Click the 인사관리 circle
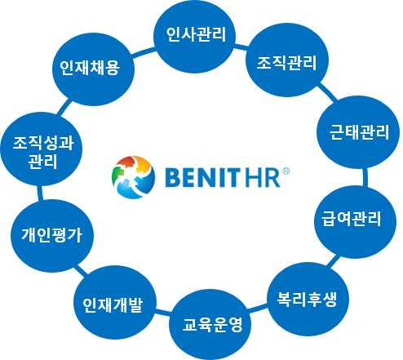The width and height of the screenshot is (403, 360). (x=194, y=37)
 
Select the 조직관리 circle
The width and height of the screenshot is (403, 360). (x=287, y=60)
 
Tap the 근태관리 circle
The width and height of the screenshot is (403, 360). (x=358, y=132)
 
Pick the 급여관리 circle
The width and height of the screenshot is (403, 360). (x=356, y=222)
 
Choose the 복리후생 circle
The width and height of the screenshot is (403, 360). (x=308, y=299)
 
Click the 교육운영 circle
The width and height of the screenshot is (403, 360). (x=210, y=325)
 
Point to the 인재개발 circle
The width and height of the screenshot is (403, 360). (x=115, y=303)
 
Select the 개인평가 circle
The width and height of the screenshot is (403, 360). (x=52, y=236)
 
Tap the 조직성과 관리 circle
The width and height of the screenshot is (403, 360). (x=42, y=149)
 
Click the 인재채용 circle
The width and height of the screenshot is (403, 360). (x=93, y=69)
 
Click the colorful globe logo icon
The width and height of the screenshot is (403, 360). (x=133, y=177)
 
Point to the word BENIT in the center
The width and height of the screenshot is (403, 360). (x=203, y=177)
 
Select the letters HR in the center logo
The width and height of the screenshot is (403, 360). (x=263, y=177)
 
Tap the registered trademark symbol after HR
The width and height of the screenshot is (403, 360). (x=286, y=171)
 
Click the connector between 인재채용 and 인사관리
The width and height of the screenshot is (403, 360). (x=144, y=52)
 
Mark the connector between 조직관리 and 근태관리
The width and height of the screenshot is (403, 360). (x=327, y=92)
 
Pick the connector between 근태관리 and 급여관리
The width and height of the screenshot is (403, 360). (x=365, y=177)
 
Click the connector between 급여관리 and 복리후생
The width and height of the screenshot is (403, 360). (x=333, y=261)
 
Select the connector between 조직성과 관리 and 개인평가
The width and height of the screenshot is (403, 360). (x=40, y=193)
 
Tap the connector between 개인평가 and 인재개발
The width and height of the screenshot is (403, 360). (x=82, y=270)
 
